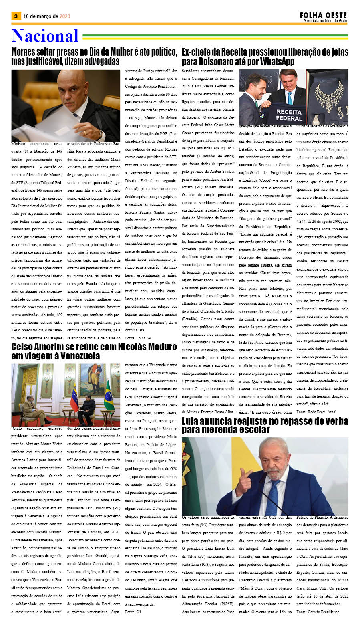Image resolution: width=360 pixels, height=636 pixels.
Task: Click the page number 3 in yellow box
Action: (x=16, y=16)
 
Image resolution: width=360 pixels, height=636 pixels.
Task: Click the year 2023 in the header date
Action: (x=65, y=16)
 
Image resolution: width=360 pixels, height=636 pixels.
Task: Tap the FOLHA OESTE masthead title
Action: (x=323, y=15)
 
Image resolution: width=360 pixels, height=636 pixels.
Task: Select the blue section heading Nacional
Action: (x=45, y=36)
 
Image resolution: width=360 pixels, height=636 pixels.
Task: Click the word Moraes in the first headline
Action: (x=24, y=52)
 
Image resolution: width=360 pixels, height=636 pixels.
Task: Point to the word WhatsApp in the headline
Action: (x=271, y=62)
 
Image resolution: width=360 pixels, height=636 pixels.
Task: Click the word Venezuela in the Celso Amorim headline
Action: (x=78, y=356)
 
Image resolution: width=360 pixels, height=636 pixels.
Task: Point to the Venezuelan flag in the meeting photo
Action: (x=74, y=397)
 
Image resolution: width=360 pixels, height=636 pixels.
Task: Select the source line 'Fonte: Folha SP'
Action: (x=138, y=338)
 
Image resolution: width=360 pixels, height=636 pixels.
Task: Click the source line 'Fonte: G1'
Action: (x=133, y=612)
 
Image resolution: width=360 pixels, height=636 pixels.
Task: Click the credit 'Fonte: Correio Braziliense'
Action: (x=318, y=612)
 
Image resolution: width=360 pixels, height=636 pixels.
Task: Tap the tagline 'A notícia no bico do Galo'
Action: (x=325, y=21)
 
